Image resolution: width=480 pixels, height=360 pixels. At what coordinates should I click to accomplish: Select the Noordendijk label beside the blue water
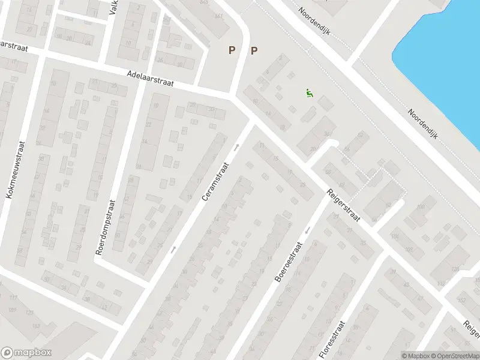tap(423, 124)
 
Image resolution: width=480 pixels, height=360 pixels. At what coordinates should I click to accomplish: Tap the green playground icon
tap(309, 93)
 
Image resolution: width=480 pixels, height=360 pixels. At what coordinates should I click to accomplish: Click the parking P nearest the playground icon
tap(254, 51)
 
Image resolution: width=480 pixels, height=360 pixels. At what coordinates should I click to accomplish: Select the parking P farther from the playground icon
tap(231, 51)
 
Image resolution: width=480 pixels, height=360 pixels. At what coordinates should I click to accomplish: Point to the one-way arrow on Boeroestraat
tap(307, 230)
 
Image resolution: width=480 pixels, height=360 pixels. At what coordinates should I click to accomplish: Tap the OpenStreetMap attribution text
tap(455, 356)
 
